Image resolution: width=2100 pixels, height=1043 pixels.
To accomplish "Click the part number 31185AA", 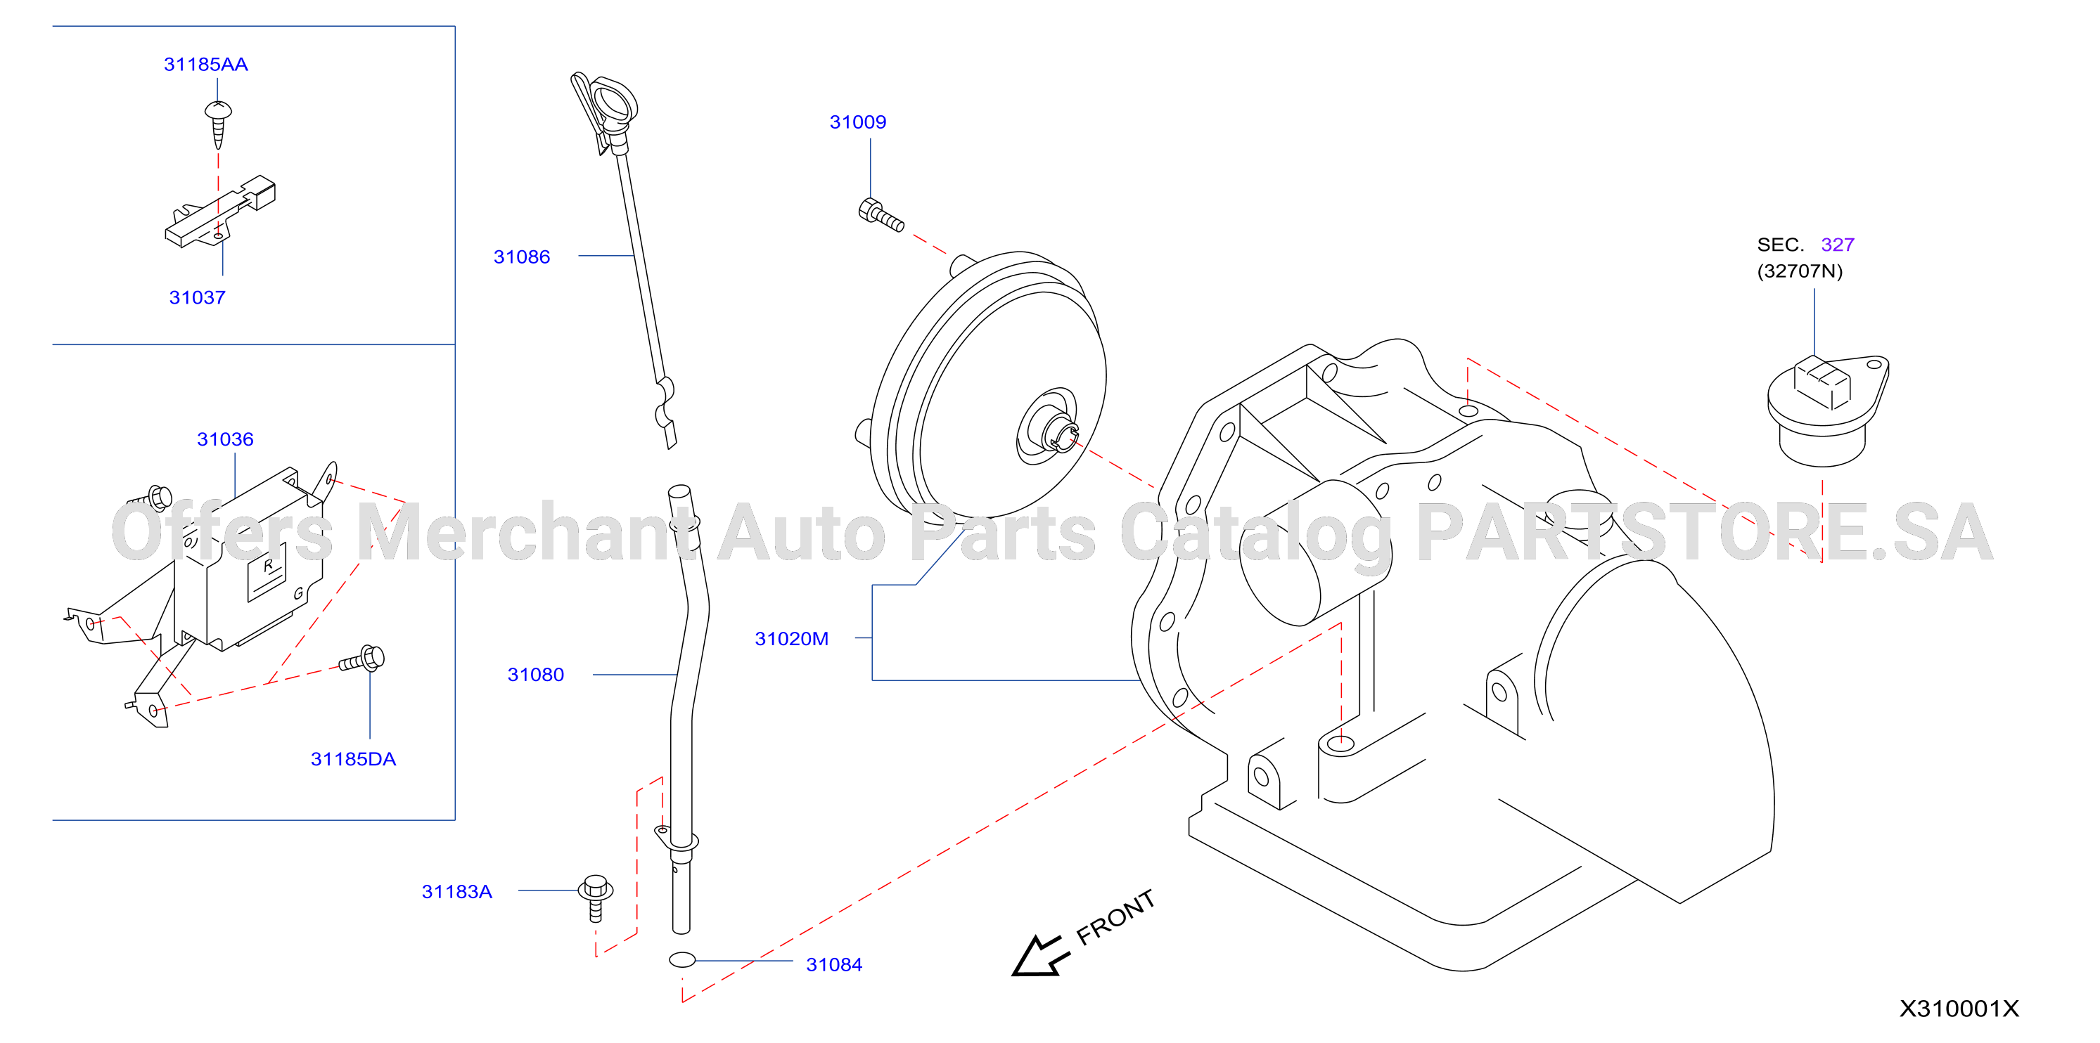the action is pyautogui.click(x=205, y=65).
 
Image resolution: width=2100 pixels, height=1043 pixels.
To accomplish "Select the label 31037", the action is pyautogui.click(x=198, y=297).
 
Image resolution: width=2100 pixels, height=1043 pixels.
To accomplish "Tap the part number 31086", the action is pyautogui.click(x=522, y=257).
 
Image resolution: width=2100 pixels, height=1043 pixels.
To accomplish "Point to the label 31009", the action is pyautogui.click(x=857, y=122).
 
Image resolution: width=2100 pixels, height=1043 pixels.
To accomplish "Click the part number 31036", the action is pyautogui.click(x=225, y=439).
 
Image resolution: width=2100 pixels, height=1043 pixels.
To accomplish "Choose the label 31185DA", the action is pyautogui.click(x=353, y=760).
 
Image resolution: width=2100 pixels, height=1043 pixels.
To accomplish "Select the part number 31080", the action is pyautogui.click(x=536, y=675).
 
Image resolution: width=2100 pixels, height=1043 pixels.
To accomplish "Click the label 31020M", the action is pyautogui.click(x=792, y=639).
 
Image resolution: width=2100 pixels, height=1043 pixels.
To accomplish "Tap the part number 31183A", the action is pyautogui.click(x=456, y=891).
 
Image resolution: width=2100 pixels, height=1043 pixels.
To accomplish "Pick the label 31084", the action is pyautogui.click(x=834, y=965).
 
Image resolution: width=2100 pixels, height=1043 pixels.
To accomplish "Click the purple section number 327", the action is pyautogui.click(x=1838, y=245).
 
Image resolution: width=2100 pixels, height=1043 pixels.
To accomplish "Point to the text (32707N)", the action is pyautogui.click(x=1799, y=271).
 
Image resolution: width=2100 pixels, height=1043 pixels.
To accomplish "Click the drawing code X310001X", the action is pyautogui.click(x=1959, y=1009).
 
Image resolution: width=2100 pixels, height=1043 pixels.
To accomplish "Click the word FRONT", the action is pyautogui.click(x=1115, y=917).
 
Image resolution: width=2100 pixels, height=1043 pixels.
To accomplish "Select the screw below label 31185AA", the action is pyautogui.click(x=217, y=124).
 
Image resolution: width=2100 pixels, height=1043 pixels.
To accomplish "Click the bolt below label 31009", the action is pyautogui.click(x=881, y=214).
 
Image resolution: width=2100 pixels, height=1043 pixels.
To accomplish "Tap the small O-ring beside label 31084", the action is pyautogui.click(x=682, y=960).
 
